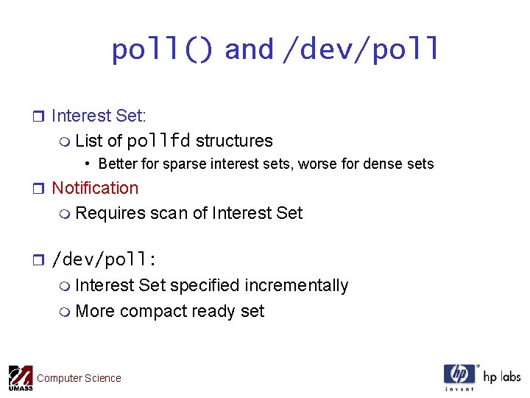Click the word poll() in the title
coord(163,50)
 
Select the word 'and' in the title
coord(249,50)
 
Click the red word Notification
coord(95,188)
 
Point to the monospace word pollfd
coord(158,141)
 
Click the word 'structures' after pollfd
coord(234,141)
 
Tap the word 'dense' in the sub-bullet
coord(387,164)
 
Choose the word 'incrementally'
coord(297,285)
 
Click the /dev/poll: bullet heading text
coord(107,260)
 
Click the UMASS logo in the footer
coord(20,377)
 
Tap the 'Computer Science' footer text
coord(79,378)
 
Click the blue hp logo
coord(459,375)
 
